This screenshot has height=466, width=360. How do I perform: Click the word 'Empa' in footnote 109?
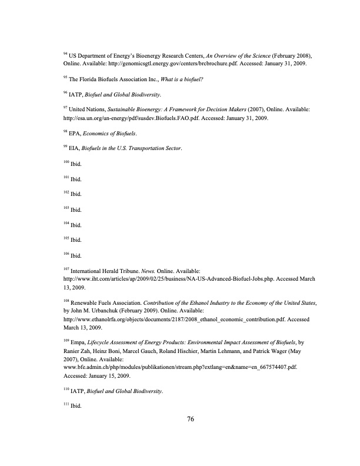[x=77, y=342]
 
